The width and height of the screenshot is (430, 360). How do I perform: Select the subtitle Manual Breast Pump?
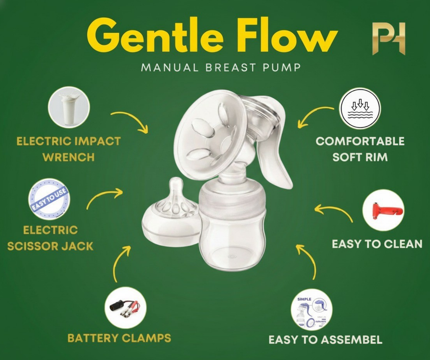[221, 68]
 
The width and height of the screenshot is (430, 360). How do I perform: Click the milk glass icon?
[69, 107]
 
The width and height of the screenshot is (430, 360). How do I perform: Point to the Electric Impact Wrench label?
[68, 149]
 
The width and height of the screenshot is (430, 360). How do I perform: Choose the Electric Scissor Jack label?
[50, 238]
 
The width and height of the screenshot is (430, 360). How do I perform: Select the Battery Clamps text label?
[119, 338]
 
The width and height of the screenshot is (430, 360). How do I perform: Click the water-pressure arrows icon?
[359, 108]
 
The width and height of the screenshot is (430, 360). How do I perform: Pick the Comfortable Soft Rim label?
[360, 149]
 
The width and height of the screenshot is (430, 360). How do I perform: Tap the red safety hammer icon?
[383, 210]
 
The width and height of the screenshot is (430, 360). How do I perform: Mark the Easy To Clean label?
[377, 244]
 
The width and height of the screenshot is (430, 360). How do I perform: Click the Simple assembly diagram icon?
[311, 310]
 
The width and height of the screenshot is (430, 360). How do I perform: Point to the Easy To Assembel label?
[325, 339]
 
